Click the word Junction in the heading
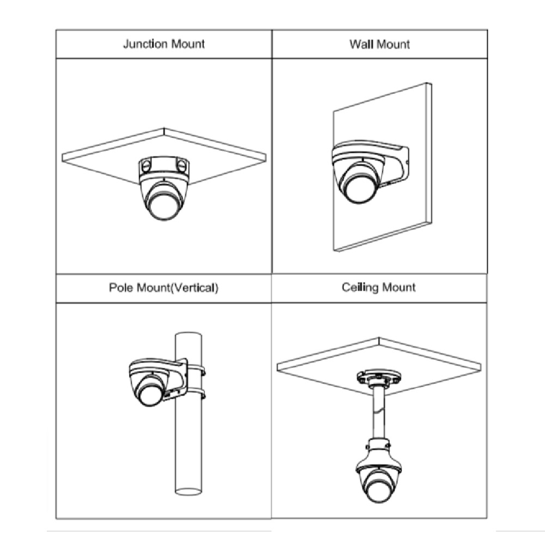146,44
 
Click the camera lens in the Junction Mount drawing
164,206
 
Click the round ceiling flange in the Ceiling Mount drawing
379,377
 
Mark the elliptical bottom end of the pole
189,492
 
